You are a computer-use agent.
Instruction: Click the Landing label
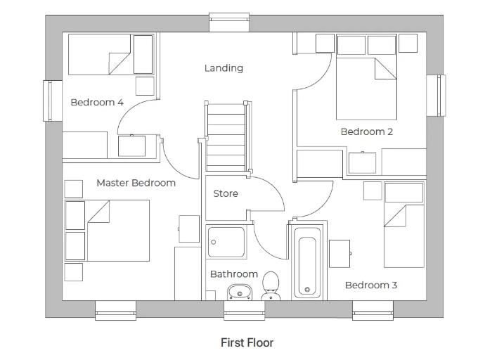click(x=224, y=68)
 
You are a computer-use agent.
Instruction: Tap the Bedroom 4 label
click(x=97, y=103)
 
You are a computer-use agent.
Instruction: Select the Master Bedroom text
click(x=136, y=183)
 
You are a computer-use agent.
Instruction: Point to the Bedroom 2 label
click(x=366, y=131)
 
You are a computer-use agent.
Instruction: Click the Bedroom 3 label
click(x=371, y=285)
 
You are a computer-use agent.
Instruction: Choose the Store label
click(x=226, y=193)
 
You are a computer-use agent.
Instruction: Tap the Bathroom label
click(x=233, y=274)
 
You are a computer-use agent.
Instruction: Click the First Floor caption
click(x=247, y=342)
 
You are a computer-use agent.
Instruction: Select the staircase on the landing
click(x=226, y=136)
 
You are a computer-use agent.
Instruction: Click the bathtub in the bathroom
click(x=307, y=265)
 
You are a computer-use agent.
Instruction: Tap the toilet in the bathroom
click(x=271, y=286)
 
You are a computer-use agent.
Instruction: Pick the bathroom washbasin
click(x=240, y=291)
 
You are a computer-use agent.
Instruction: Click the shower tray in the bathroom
click(x=226, y=243)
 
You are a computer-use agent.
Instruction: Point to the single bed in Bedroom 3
click(x=403, y=225)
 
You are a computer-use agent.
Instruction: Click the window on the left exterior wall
click(x=48, y=101)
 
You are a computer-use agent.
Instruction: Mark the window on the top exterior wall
click(x=228, y=22)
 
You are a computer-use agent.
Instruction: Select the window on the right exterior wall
click(x=436, y=96)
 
